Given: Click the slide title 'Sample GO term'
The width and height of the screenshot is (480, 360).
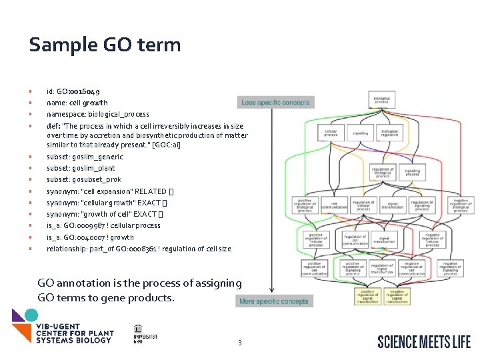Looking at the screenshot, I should pyautogui.click(x=105, y=45).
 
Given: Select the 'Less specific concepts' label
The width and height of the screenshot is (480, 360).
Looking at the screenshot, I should pyautogui.click(x=275, y=103).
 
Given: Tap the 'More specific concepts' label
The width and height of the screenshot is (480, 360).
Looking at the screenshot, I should pyautogui.click(x=274, y=301).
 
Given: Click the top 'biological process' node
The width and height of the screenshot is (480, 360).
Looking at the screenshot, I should pyautogui.click(x=381, y=100).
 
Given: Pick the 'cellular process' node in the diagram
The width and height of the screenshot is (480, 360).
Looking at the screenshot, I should pyautogui.click(x=331, y=133).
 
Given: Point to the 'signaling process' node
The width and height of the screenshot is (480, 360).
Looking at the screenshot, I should pyautogui.click(x=412, y=172).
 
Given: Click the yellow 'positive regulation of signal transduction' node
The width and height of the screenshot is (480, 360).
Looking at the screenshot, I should pyautogui.click(x=367, y=296).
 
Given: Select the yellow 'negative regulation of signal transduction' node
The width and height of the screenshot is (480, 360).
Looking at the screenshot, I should pyautogui.click(x=397, y=296).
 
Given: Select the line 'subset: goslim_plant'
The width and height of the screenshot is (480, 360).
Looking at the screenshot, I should pyautogui.click(x=81, y=168).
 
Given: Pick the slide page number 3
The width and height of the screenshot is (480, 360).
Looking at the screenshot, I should pyautogui.click(x=240, y=343).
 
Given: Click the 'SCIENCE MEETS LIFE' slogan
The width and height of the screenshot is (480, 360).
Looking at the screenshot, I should pyautogui.click(x=424, y=342).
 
